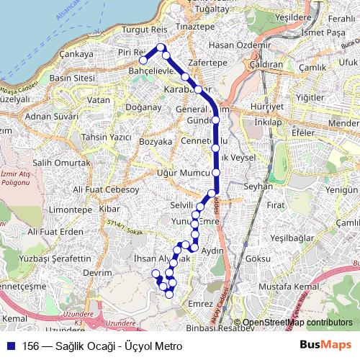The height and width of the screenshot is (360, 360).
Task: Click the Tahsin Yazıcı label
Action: point(107,137)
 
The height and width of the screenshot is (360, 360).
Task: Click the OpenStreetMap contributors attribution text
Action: point(297,322)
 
